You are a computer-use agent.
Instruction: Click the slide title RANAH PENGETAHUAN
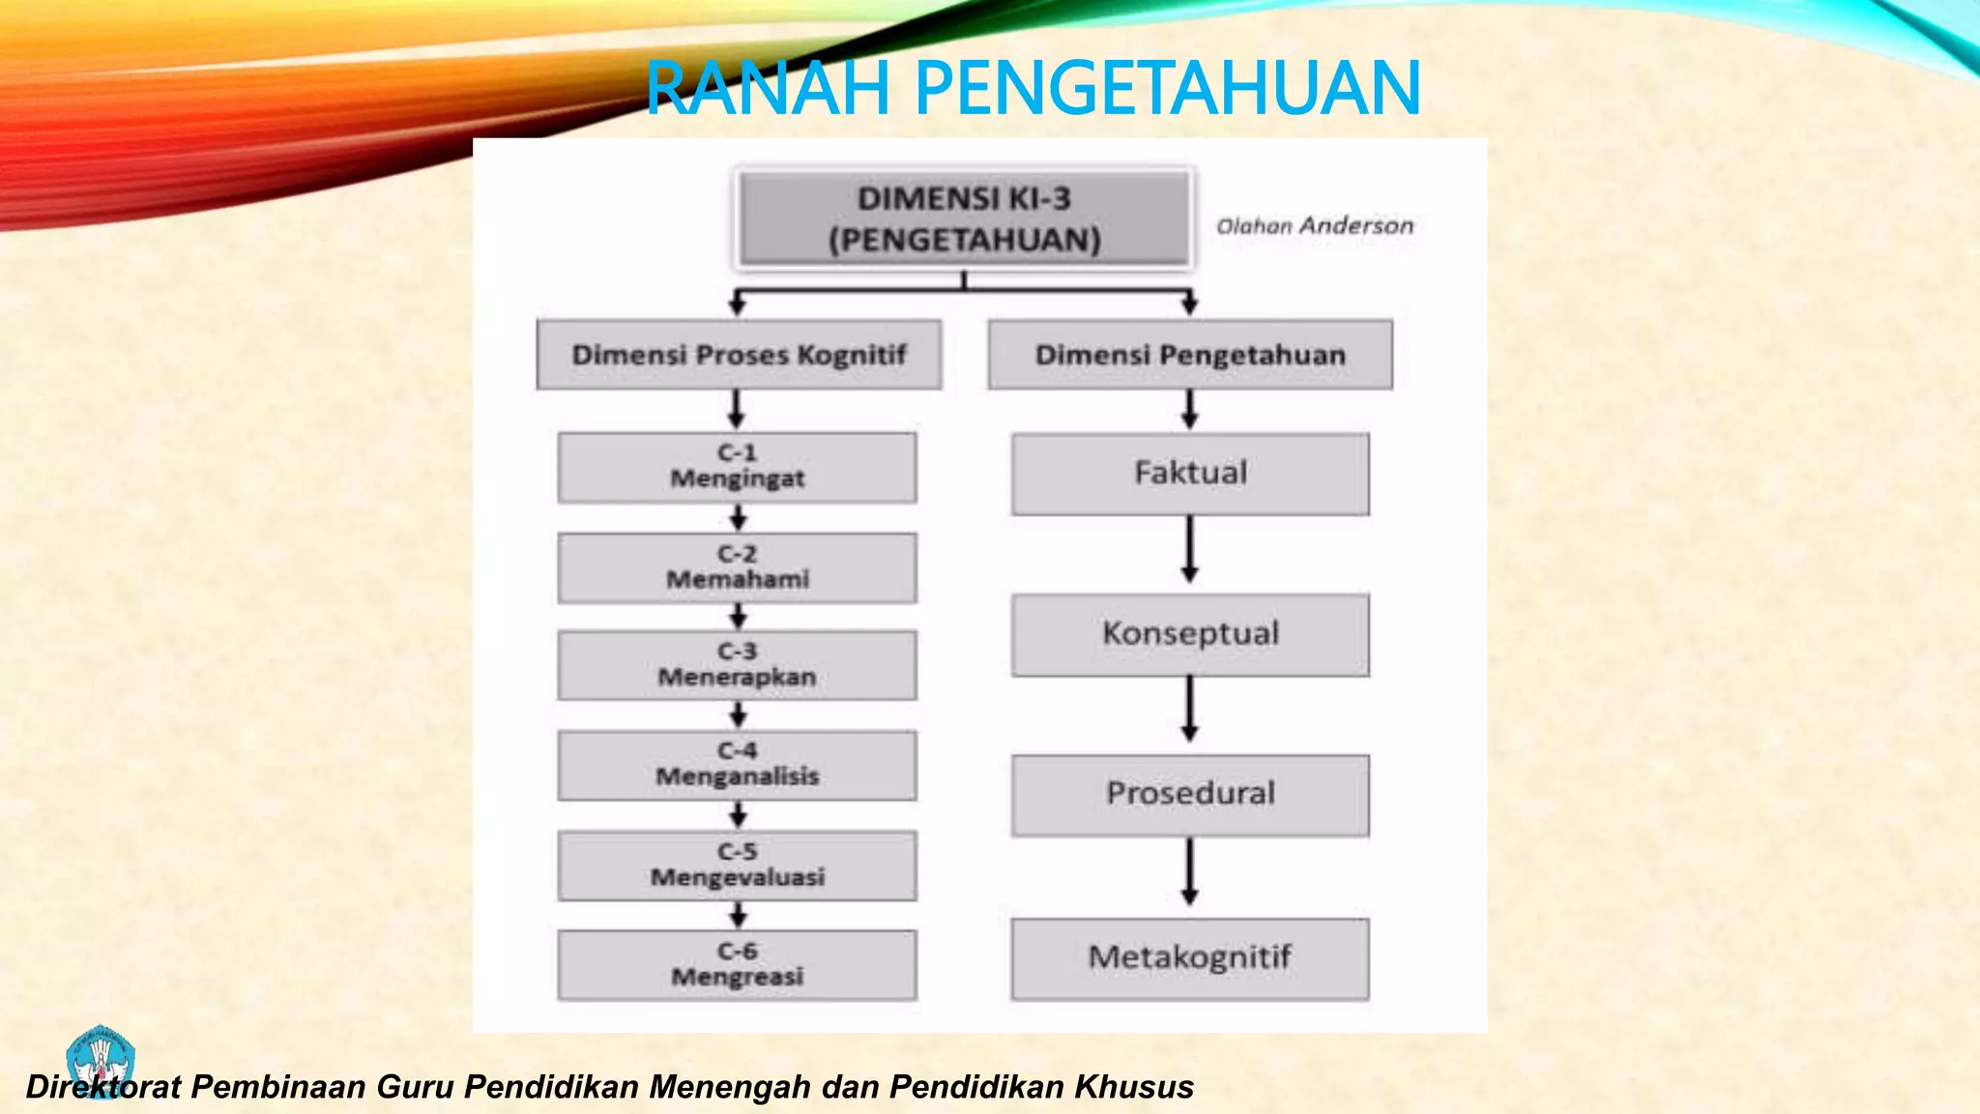[x=1033, y=88]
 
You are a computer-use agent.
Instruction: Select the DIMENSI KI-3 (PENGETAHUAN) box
[x=964, y=219]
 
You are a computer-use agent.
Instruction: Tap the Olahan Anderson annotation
[x=1314, y=226]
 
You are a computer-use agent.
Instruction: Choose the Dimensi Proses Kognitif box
[x=739, y=355]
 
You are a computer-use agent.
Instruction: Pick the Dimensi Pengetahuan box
[x=1190, y=355]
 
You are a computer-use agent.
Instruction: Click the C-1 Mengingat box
[x=737, y=467]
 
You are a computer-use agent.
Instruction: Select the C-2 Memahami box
[x=737, y=568]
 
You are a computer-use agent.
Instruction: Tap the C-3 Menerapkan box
[x=737, y=665]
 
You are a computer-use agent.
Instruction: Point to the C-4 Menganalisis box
[x=737, y=765]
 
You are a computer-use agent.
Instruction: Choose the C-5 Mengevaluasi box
[x=737, y=865]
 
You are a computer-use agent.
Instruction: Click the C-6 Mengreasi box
[x=737, y=965]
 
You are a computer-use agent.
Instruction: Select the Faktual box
[x=1190, y=474]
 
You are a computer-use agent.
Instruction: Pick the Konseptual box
[x=1190, y=634]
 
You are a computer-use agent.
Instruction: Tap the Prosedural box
[x=1190, y=795]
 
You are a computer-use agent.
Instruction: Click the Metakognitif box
[x=1190, y=958]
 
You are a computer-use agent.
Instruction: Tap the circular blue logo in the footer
[x=100, y=1060]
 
